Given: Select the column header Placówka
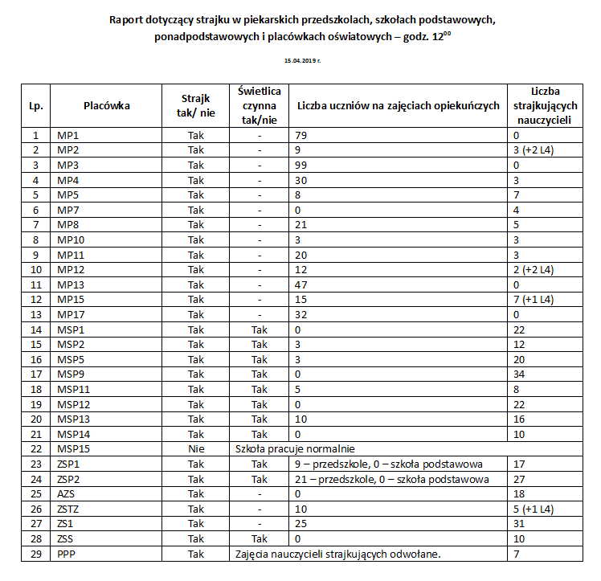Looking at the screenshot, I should (106, 105).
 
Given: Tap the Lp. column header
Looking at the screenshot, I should (35, 105).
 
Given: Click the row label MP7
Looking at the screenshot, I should (67, 210).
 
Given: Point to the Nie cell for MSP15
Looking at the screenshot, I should (196, 448).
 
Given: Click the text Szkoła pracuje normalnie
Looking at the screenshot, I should (294, 448).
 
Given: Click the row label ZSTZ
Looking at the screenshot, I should (69, 508).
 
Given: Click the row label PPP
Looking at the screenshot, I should (67, 554).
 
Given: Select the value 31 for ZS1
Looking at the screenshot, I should (518, 523).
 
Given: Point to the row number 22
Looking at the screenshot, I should (35, 448).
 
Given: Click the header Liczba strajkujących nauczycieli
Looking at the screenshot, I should (545, 105).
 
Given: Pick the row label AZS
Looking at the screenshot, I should (67, 493).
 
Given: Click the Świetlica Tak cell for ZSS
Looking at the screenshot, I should (258, 538).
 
